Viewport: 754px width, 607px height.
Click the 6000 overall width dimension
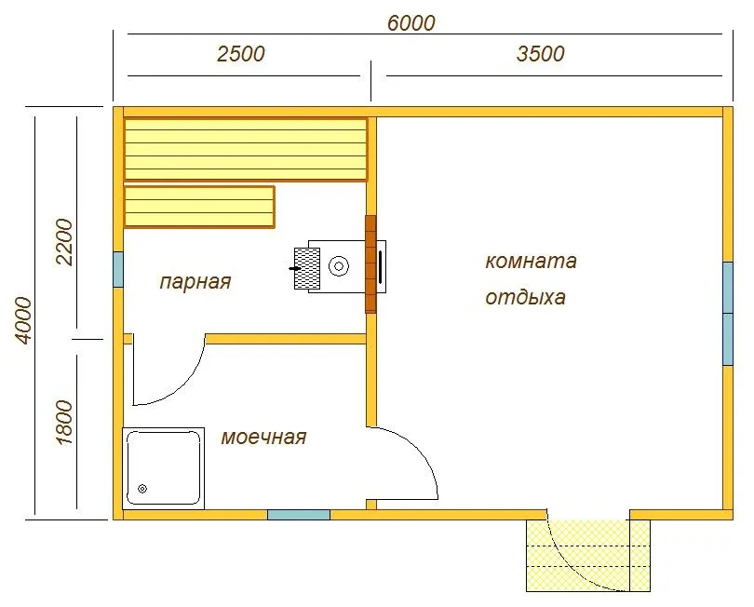pos(411,23)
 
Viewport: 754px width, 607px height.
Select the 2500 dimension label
pos(240,54)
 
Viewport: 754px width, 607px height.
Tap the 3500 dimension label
pos(541,54)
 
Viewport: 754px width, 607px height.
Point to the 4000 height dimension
pos(23,320)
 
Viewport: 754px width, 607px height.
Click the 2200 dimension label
pos(64,242)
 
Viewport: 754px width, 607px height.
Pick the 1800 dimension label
pos(64,423)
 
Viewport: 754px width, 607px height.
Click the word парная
pos(195,282)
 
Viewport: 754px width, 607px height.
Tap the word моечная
pos(263,438)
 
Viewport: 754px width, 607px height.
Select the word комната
pos(531,262)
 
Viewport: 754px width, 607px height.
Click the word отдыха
pos(525,298)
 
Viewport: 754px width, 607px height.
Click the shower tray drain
pos(142,489)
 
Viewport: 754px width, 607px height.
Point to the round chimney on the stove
pos(339,266)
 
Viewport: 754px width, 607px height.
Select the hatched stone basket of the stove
pos(307,268)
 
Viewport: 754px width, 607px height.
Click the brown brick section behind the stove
pos(370,264)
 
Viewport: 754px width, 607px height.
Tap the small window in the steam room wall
pos(118,269)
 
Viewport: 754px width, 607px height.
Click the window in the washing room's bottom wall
pos(299,515)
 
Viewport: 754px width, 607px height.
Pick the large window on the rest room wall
pos(728,314)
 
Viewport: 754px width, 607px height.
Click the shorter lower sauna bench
pos(199,207)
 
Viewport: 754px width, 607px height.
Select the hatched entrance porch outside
pos(588,556)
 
